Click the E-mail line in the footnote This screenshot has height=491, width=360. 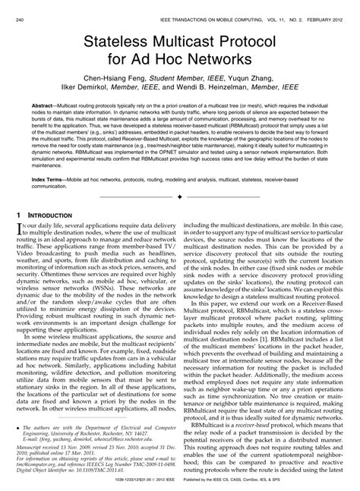click(x=76, y=440)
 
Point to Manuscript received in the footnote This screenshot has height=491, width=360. click(x=38, y=448)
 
